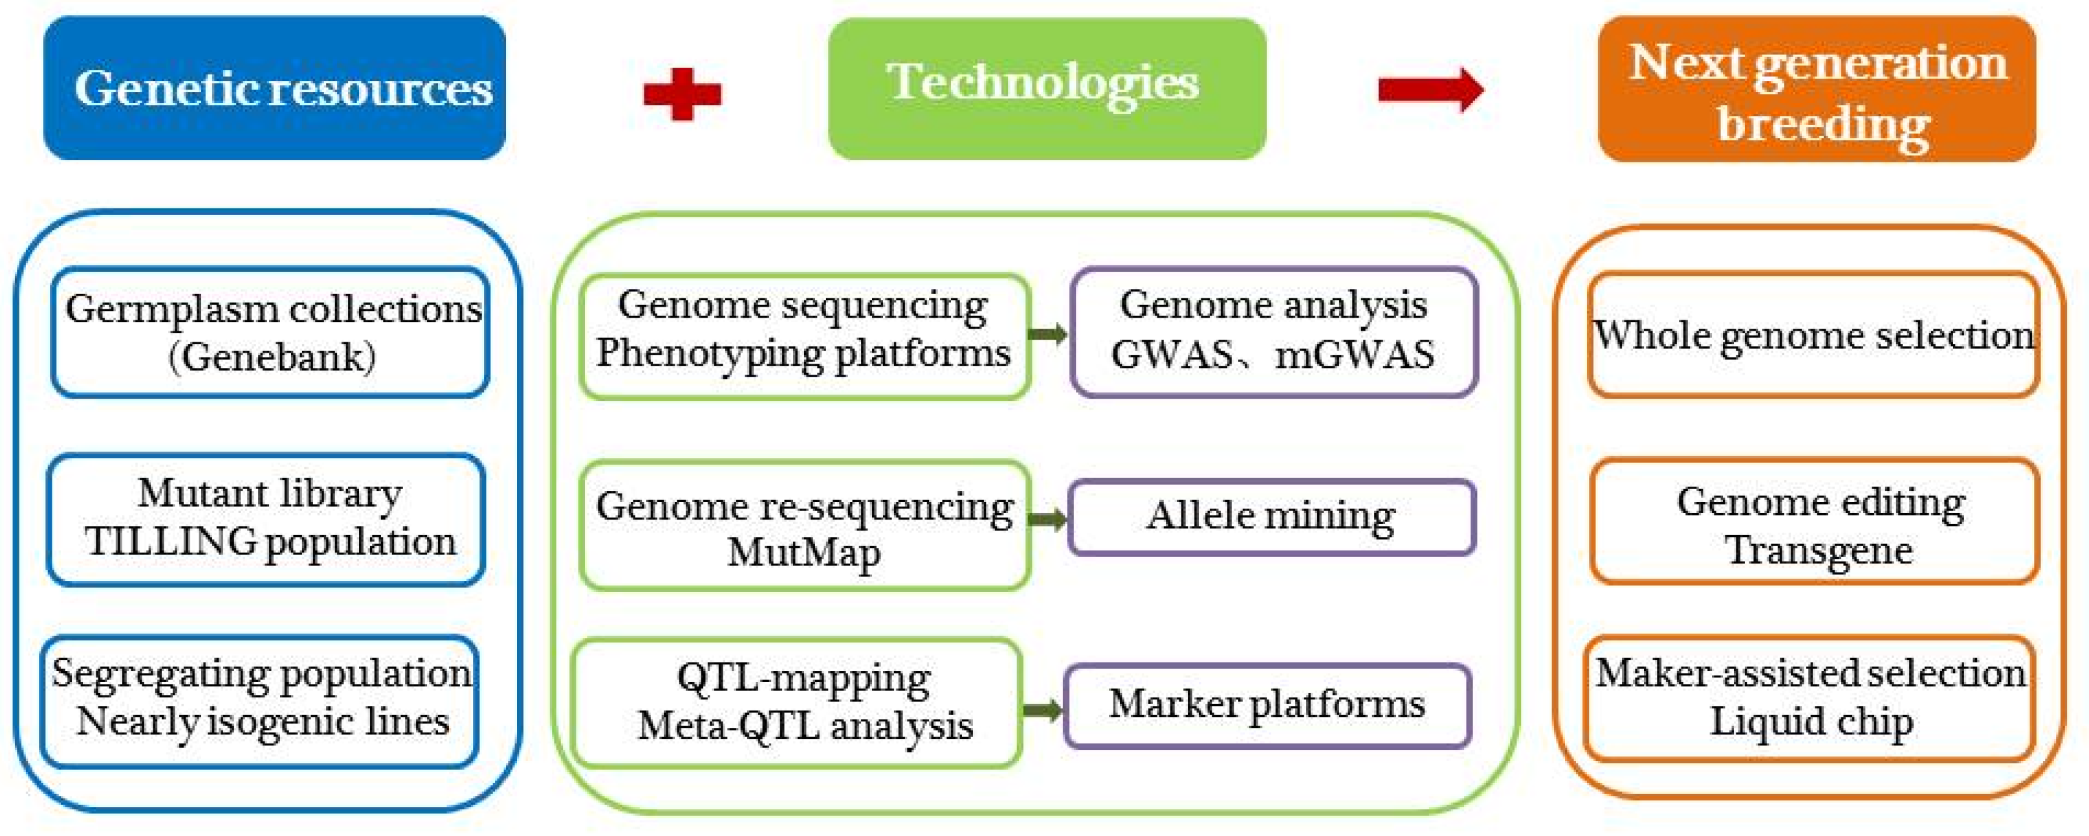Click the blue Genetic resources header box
(x=274, y=87)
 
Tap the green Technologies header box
(x=1046, y=87)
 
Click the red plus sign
(x=681, y=93)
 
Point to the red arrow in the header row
(x=1430, y=89)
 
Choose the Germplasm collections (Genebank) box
(x=270, y=333)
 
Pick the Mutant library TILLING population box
(x=267, y=519)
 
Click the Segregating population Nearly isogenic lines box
(x=260, y=699)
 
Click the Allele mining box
(x=1271, y=516)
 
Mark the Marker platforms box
(x=1267, y=705)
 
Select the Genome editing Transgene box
(x=1815, y=521)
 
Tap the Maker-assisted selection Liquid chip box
(x=1810, y=698)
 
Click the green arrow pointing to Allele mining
(x=1048, y=519)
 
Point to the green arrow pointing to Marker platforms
(x=1042, y=710)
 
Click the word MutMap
(x=803, y=553)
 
